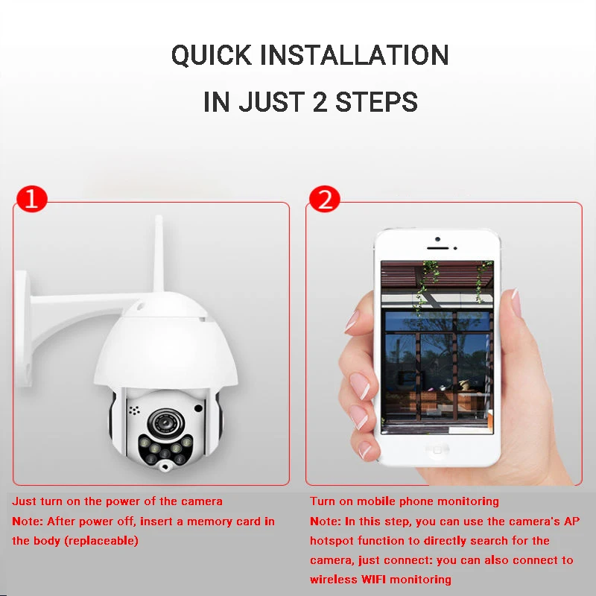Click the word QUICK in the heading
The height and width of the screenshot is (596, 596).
point(212,55)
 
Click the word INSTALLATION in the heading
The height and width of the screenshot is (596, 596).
point(355,54)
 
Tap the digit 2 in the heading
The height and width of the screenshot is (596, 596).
point(320,102)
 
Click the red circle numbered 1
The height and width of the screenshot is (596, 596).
point(32,198)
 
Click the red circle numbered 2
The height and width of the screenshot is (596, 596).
point(324,198)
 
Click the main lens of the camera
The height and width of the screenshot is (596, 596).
point(166,422)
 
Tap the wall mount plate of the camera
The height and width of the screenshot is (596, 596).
point(24,329)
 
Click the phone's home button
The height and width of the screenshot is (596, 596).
point(437,451)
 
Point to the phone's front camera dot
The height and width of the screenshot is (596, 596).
point(437,239)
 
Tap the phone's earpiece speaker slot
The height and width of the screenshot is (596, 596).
point(437,248)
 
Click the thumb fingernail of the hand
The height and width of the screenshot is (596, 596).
point(516,303)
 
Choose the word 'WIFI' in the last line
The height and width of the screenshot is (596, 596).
point(373,580)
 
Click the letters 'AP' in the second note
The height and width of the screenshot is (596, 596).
point(572,521)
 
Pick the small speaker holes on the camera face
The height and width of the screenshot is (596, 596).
point(134,410)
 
